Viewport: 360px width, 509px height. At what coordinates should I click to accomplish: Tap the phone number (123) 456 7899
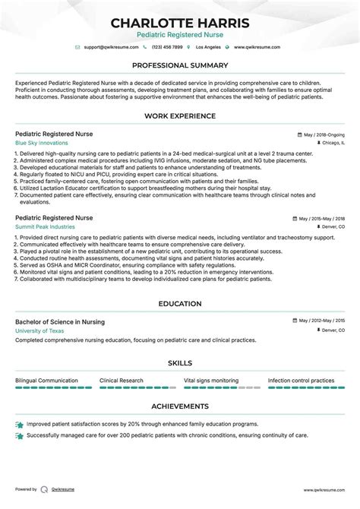click(168, 47)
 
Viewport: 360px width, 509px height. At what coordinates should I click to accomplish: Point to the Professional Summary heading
click(179, 65)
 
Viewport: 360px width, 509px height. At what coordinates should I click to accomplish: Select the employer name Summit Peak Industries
click(44, 226)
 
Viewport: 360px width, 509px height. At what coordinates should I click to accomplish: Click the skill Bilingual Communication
click(46, 381)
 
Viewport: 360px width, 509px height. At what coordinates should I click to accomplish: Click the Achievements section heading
click(179, 406)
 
